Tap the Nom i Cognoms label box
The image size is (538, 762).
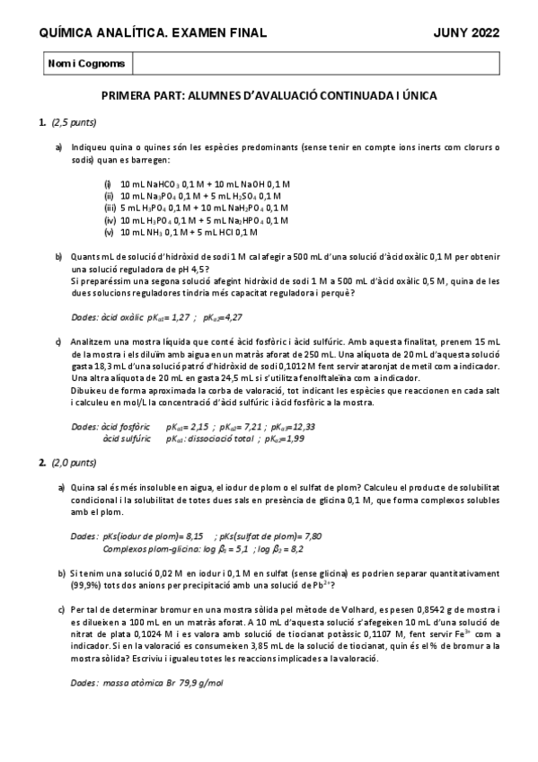pos(86,64)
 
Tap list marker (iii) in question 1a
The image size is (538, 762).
pos(110,208)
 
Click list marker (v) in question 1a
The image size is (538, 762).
pos(109,231)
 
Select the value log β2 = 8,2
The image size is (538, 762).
pos(281,547)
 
